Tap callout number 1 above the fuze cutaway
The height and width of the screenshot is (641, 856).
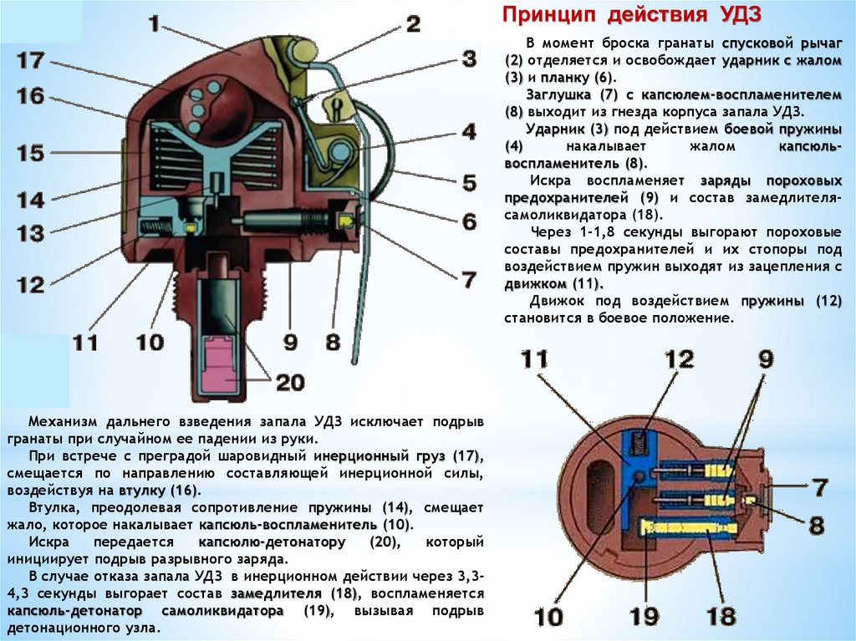click(x=154, y=23)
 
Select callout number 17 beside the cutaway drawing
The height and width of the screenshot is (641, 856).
click(x=30, y=60)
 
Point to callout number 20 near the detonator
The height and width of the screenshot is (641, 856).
click(x=289, y=382)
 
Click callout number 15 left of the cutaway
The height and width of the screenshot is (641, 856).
click(x=30, y=154)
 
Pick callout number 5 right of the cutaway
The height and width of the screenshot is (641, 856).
click(x=469, y=182)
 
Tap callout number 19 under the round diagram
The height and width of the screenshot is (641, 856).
click(x=644, y=617)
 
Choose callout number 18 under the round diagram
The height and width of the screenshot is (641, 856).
click(x=720, y=617)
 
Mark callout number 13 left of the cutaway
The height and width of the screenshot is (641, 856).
click(x=30, y=233)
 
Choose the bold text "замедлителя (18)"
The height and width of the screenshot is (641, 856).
click(x=295, y=593)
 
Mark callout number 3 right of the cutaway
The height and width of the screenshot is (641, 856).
click(x=469, y=59)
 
